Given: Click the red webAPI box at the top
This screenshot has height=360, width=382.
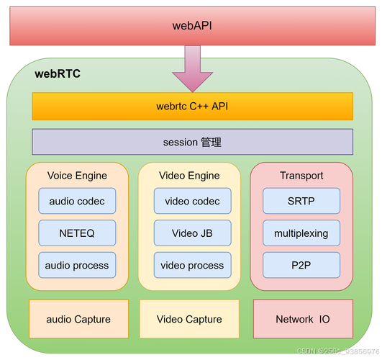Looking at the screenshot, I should point(192,26).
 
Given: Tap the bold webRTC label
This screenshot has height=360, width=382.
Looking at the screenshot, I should point(58,74).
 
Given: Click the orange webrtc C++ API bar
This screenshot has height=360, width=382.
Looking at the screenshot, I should point(192,107).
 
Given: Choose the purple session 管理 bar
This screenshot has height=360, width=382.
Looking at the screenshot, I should point(192,142).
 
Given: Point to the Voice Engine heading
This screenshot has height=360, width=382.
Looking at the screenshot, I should point(77,176).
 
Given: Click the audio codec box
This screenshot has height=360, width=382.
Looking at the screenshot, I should point(77,202).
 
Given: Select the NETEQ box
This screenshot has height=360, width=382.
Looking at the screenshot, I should point(77,233).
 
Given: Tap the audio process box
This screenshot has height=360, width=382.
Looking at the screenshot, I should point(77,265).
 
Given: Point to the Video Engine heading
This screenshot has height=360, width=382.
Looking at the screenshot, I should point(188,176).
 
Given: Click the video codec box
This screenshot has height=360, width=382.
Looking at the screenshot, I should point(192,202).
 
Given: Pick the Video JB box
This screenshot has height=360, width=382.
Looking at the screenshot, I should point(192,233).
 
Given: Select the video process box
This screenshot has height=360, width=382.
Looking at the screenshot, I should point(192,265).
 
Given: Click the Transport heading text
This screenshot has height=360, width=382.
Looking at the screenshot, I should point(301,176).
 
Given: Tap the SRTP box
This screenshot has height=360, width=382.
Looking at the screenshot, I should point(301,202).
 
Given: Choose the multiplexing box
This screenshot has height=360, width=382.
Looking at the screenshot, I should point(301,233).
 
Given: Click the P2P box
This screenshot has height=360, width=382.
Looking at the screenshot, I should point(301,265).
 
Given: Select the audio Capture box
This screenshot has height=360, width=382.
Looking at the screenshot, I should point(78,319).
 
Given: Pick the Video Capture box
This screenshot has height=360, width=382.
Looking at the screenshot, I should point(189,319).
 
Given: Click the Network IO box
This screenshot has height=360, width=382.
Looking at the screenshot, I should point(303,319).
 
